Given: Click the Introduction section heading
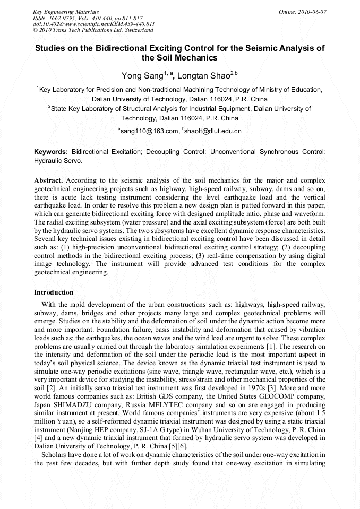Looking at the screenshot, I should [x=54, y=292].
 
